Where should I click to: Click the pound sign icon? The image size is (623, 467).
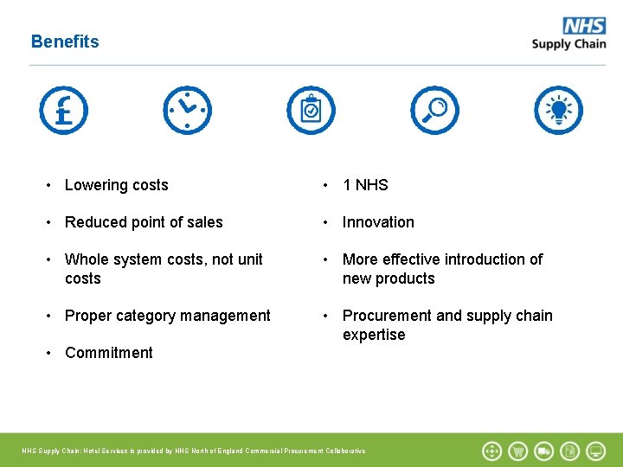click(x=63, y=111)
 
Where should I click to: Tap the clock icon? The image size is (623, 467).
click(x=187, y=111)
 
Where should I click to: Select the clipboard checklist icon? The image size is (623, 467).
click(x=311, y=111)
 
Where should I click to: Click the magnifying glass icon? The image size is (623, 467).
click(x=434, y=111)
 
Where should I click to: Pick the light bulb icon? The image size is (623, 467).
click(x=558, y=111)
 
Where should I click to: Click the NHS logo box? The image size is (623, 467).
click(x=584, y=27)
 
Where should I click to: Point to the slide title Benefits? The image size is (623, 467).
click(x=65, y=42)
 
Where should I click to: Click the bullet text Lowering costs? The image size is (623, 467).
click(x=117, y=185)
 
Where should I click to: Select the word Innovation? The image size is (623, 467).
click(x=378, y=222)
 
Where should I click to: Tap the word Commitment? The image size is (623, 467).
click(x=109, y=353)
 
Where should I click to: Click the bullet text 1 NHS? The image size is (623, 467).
click(x=365, y=185)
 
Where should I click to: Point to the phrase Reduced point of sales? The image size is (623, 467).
click(x=144, y=222)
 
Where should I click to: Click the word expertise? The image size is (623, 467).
click(x=374, y=335)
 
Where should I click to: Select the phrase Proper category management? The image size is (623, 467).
click(x=168, y=316)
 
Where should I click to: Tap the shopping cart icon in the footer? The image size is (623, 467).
click(x=518, y=451)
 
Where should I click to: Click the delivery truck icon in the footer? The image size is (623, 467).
click(x=544, y=451)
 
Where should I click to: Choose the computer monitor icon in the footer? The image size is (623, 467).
click(x=596, y=451)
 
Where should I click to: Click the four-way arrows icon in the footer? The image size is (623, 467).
click(x=492, y=451)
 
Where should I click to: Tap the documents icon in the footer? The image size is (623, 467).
click(x=570, y=451)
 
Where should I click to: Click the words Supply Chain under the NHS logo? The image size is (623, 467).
click(x=568, y=45)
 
